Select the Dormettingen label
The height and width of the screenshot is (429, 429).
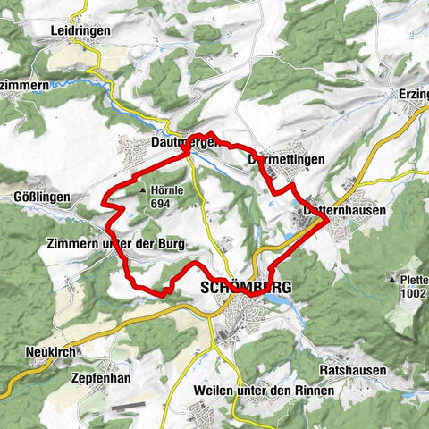[285, 159]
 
